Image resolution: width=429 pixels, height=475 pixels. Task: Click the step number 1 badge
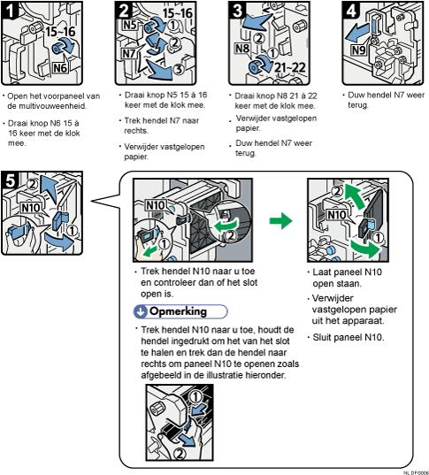pyautogui.click(x=10, y=11)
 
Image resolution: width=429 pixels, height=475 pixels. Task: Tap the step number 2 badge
pyautogui.click(x=123, y=11)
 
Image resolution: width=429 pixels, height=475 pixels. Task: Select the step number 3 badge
pyautogui.click(x=235, y=11)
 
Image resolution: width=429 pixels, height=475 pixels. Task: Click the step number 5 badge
pyautogui.click(x=10, y=180)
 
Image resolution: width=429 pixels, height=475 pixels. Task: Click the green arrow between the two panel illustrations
pyautogui.click(x=280, y=220)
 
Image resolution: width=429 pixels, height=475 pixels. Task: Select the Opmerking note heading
pyautogui.click(x=180, y=312)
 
